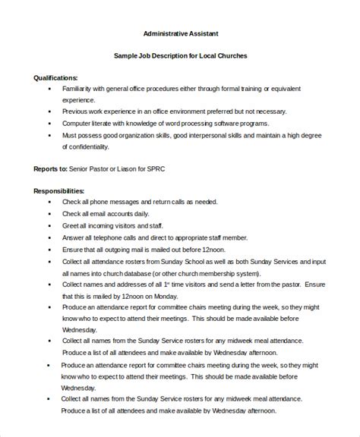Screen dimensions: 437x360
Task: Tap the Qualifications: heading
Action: (55, 78)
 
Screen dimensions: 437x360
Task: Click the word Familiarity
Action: (80, 90)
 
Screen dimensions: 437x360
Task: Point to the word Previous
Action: (76, 112)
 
